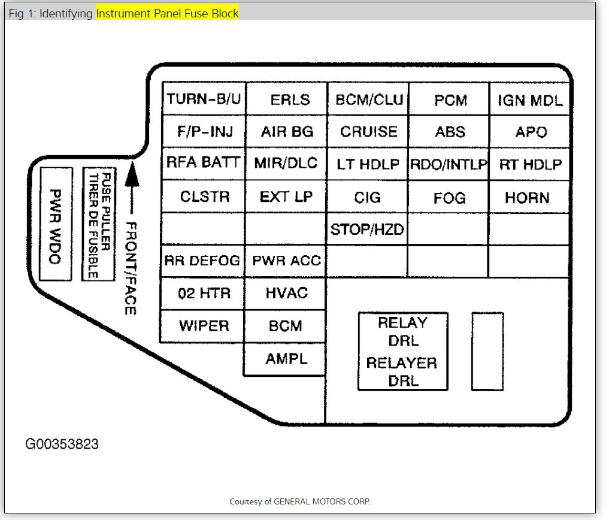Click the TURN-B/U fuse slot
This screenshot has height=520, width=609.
[204, 99]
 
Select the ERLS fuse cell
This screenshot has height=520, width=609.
[287, 99]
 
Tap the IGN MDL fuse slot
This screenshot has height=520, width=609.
[529, 99]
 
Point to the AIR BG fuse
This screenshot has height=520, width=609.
[287, 131]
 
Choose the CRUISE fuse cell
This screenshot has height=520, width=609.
[368, 131]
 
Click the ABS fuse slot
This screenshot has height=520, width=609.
[450, 131]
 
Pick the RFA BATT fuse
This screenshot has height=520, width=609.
[204, 163]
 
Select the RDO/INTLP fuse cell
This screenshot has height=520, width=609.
[449, 164]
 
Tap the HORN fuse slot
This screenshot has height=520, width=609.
[528, 197]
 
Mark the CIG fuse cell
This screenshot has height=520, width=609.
[368, 197]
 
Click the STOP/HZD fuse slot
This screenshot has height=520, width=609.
[368, 229]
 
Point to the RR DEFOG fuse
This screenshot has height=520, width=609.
[202, 261]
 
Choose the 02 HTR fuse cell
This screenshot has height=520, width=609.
[204, 294]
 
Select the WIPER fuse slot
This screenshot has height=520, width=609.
[204, 326]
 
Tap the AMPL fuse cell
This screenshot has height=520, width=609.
[286, 359]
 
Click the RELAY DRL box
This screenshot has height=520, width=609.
[403, 352]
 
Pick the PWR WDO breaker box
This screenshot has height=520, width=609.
[56, 225]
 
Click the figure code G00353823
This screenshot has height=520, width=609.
[62, 445]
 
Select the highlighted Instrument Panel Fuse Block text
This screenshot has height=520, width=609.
[167, 13]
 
